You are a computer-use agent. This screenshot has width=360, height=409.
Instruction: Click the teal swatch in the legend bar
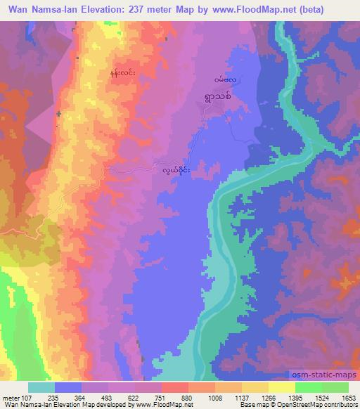[x=41, y=387]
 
